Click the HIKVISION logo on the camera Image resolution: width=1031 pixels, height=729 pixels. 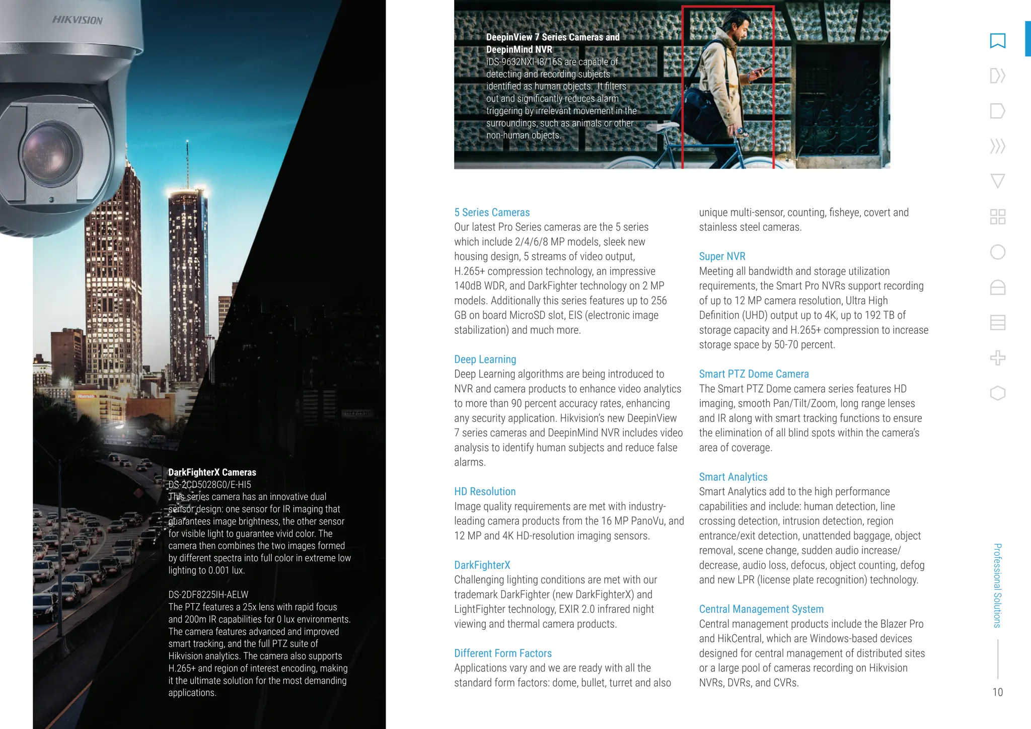[x=78, y=20]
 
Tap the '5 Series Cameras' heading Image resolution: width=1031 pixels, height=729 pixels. [x=491, y=212]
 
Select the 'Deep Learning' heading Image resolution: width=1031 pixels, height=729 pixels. [x=485, y=359]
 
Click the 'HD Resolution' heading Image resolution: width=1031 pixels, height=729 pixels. [x=485, y=491]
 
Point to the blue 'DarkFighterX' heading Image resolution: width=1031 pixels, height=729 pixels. [x=482, y=565]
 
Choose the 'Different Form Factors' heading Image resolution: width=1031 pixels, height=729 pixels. [x=502, y=653]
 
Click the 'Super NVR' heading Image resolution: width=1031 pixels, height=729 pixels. [x=722, y=256]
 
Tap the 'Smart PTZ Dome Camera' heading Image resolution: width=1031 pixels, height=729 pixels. [x=754, y=374]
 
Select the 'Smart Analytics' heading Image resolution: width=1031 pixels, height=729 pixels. [x=733, y=477]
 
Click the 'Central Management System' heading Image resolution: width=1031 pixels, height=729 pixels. [x=761, y=609]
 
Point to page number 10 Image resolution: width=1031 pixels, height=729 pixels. [x=997, y=692]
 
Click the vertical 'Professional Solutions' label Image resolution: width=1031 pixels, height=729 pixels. [x=997, y=585]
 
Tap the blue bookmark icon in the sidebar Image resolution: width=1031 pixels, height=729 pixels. [x=997, y=41]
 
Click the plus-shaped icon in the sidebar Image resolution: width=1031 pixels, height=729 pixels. [x=997, y=358]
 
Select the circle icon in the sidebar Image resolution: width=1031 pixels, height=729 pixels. [x=997, y=252]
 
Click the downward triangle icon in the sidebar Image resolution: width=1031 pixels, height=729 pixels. [x=997, y=181]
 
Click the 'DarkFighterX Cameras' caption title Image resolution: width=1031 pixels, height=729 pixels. [x=212, y=472]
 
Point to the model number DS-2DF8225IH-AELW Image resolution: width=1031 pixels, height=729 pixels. [x=208, y=595]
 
